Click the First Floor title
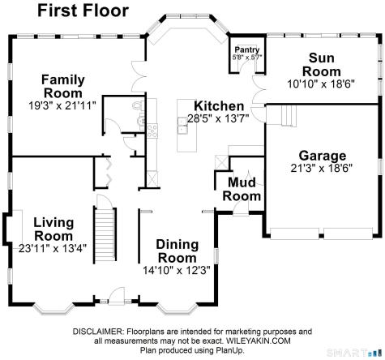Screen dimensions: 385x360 (x=83, y=11)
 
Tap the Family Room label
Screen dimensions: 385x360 (x=63, y=87)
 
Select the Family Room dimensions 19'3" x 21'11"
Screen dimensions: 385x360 (x=62, y=105)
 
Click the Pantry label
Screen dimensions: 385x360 (x=247, y=49)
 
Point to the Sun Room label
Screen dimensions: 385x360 (x=322, y=65)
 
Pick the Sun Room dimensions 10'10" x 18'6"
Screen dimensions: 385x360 (x=321, y=84)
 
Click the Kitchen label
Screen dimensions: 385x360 (x=219, y=106)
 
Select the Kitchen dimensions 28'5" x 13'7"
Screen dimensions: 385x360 (x=218, y=118)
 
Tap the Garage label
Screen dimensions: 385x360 (x=323, y=156)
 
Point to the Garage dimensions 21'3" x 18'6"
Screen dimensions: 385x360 (x=322, y=169)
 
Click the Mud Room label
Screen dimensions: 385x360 (x=242, y=190)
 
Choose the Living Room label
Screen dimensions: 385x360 (x=53, y=229)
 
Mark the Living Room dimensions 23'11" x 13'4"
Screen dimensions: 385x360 (x=53, y=248)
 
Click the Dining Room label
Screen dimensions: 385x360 (x=178, y=251)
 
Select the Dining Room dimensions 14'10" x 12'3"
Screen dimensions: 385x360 (x=177, y=270)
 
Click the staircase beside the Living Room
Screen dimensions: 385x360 (x=105, y=235)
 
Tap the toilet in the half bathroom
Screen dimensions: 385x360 (x=138, y=105)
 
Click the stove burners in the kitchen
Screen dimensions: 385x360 (x=152, y=131)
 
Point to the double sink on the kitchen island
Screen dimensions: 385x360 (x=183, y=126)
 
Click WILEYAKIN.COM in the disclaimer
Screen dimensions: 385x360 (x=259, y=341)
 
